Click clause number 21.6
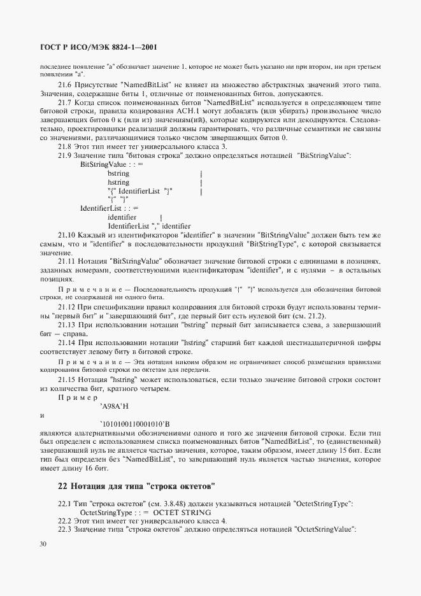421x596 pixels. tap(66, 85)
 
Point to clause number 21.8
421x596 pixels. tap(66, 146)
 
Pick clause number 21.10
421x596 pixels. tap(68, 235)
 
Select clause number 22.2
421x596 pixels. tap(66, 521)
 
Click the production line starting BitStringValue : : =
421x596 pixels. tap(112, 164)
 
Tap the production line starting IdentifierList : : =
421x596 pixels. tap(110, 208)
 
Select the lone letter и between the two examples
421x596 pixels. tap(41, 415)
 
